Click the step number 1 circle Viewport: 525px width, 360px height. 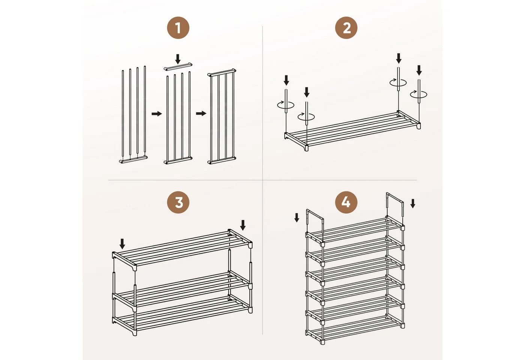(178, 28)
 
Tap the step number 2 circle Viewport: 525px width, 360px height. (346, 28)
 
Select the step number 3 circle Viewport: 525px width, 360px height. (178, 202)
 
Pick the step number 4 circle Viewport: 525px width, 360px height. (346, 202)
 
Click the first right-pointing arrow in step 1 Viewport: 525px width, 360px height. (157, 114)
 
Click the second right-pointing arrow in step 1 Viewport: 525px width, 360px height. (201, 114)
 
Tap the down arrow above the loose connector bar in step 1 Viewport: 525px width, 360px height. (178, 59)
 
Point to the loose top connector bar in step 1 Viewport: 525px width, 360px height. (178, 67)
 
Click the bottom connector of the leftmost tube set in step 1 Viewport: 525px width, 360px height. (133, 159)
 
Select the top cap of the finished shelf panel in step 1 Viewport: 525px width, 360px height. (222, 72)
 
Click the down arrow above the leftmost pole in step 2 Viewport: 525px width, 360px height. (286, 80)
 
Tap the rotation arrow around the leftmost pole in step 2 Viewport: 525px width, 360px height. (286, 105)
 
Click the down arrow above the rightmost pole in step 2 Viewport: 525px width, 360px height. (419, 70)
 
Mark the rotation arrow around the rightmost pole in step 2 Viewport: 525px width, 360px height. (418, 94)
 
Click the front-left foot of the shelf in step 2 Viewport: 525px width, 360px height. (305, 148)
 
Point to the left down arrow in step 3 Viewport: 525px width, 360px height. (122, 244)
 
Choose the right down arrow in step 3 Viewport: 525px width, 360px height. (243, 225)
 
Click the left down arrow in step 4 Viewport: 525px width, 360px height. (297, 217)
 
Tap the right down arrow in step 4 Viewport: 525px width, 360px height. (413, 203)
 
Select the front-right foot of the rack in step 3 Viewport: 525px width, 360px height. (250, 310)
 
